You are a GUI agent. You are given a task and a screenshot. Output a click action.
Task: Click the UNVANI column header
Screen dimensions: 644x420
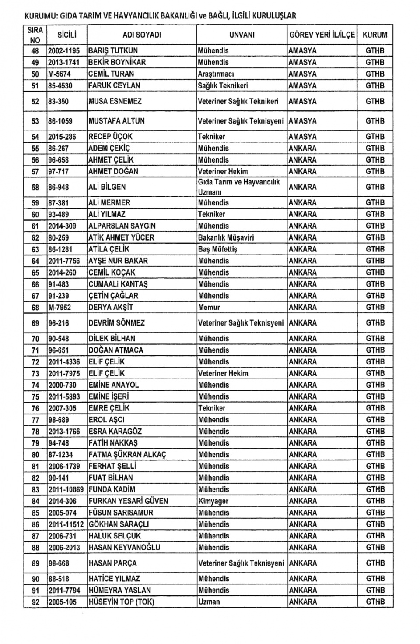pyautogui.click(x=241, y=35)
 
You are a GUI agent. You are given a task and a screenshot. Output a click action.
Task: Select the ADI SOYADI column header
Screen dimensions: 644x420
pyautogui.click(x=142, y=35)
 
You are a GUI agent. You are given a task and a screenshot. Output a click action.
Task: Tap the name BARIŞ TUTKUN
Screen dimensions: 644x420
pyautogui.click(x=113, y=51)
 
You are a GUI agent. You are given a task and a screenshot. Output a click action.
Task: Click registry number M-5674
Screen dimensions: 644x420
pyautogui.click(x=59, y=74)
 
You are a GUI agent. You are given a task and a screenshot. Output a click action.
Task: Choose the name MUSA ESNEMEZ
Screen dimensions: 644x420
pyautogui.click(x=115, y=101)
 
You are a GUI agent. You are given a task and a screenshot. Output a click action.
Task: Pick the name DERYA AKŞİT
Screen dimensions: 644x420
pyautogui.click(x=111, y=308)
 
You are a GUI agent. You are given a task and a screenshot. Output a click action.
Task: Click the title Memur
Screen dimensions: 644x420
pyautogui.click(x=209, y=308)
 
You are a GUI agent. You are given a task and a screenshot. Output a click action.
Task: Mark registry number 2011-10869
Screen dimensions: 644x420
pyautogui.click(x=66, y=489)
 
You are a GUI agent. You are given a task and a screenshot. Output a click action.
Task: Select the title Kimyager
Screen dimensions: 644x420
pyautogui.click(x=213, y=501)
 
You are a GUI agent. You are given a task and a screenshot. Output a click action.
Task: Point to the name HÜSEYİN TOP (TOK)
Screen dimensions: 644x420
pyautogui.click(x=121, y=602)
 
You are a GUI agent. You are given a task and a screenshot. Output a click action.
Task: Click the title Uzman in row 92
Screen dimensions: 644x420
pyautogui.click(x=209, y=602)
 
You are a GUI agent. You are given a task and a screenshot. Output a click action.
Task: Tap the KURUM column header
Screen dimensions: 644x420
pyautogui.click(x=375, y=35)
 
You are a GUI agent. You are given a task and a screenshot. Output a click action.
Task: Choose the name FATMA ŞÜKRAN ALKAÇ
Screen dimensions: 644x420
pyautogui.click(x=127, y=455)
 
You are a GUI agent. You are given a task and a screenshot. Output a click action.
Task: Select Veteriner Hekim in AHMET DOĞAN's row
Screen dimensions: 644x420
pyautogui.click(x=223, y=172)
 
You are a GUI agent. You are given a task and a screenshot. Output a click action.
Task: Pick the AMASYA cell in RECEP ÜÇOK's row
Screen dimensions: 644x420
pyautogui.click(x=303, y=137)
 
